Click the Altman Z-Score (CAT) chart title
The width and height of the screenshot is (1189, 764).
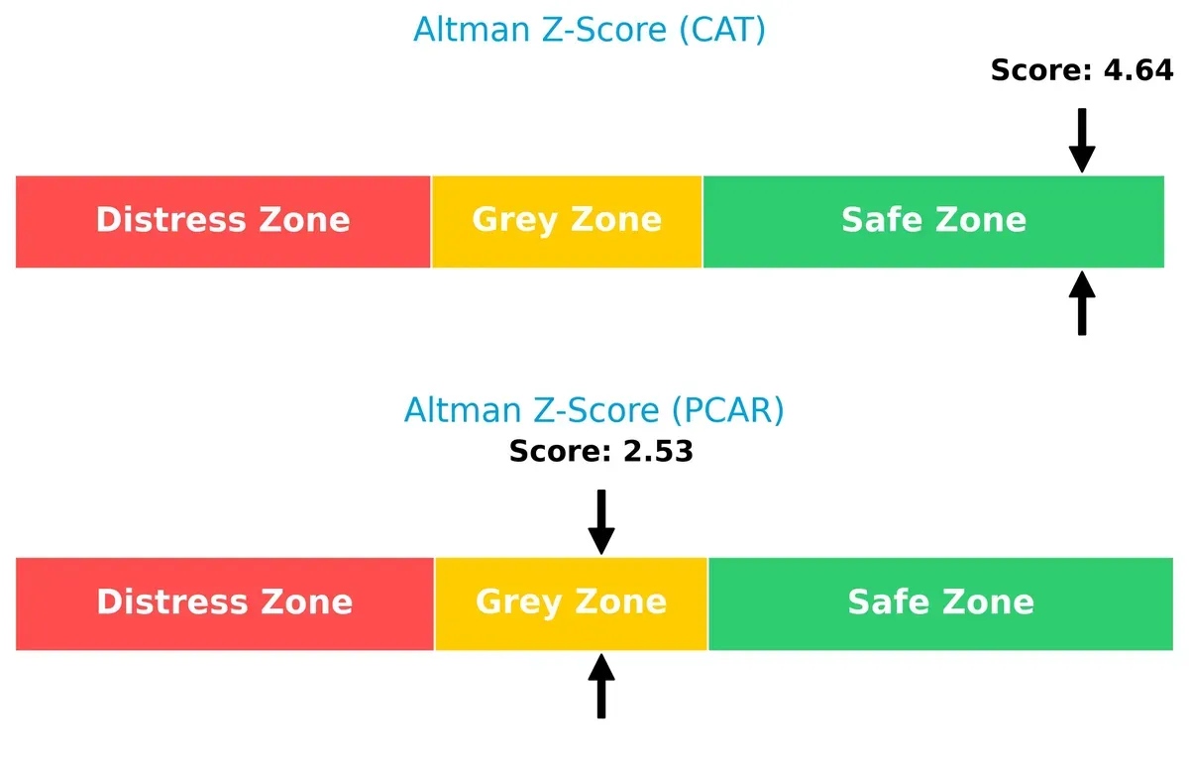589,31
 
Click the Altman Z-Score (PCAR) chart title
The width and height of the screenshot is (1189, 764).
594,410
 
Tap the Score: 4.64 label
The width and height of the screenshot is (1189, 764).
1082,70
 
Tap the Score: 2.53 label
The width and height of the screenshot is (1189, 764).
600,452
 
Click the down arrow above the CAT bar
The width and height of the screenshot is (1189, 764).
1082,140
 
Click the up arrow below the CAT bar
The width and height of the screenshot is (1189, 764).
1082,303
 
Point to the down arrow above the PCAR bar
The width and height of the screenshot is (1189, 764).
601,521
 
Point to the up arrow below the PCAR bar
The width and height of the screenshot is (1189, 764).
601,686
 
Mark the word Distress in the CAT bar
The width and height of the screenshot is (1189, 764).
164,220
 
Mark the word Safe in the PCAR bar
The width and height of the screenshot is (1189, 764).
882,602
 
